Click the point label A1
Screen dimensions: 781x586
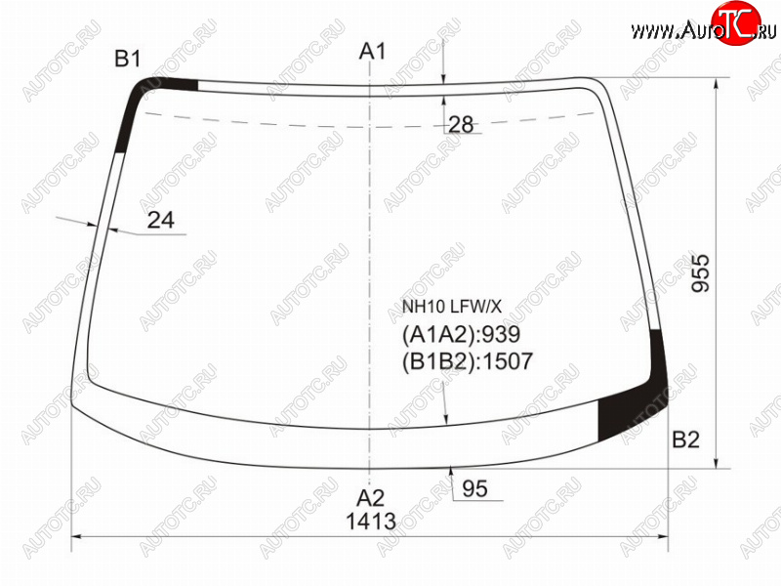point(373,52)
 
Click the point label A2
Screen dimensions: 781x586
point(371,498)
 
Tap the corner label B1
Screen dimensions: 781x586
point(128,59)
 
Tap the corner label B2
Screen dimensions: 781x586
point(685,439)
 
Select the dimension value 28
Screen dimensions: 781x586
point(461,125)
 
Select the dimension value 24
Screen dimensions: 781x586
point(161,220)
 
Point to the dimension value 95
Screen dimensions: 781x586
point(474,489)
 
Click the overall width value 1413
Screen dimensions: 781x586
point(371,522)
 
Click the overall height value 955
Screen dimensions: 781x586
point(701,273)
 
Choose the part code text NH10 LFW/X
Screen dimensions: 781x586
point(452,307)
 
